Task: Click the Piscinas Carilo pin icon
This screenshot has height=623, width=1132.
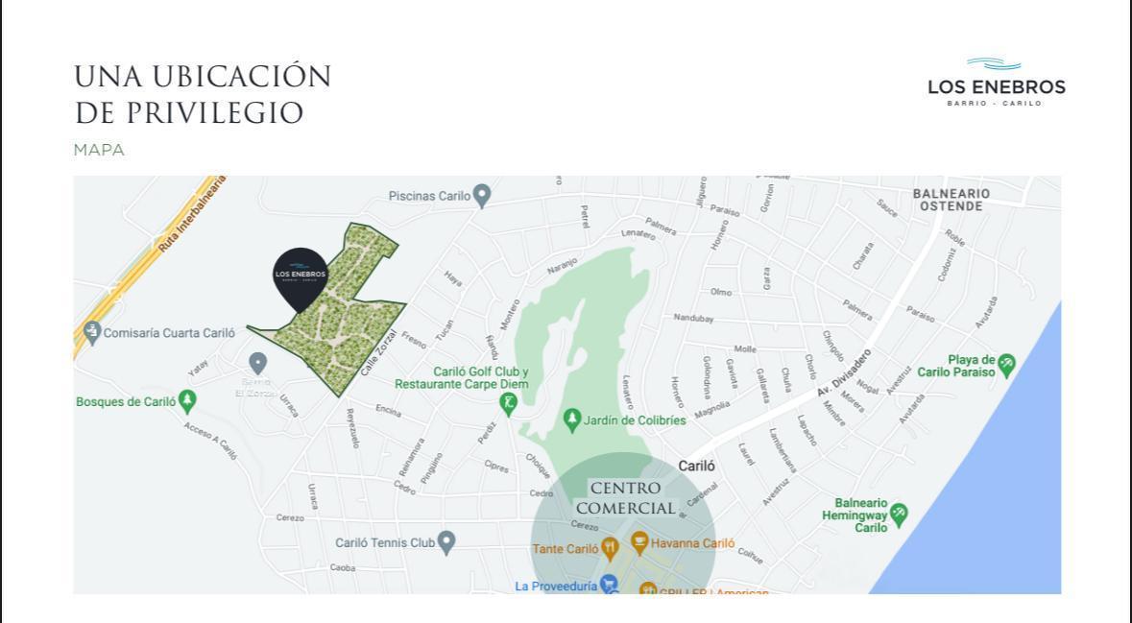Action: click(x=482, y=196)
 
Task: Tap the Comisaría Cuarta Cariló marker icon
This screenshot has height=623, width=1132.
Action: click(x=92, y=333)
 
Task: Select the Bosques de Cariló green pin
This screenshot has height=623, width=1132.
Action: click(x=187, y=400)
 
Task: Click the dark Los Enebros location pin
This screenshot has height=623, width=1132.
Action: click(x=301, y=276)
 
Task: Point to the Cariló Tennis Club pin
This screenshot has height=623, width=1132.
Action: click(x=446, y=542)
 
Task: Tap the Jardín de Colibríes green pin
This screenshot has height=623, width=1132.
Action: click(x=572, y=419)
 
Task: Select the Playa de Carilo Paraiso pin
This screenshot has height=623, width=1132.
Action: click(x=1006, y=365)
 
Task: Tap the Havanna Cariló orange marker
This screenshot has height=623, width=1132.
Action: click(x=639, y=544)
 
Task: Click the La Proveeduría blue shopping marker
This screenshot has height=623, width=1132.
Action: click(x=608, y=585)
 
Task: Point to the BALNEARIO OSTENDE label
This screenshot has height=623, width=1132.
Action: click(x=951, y=200)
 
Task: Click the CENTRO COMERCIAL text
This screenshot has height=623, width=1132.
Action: click(x=625, y=498)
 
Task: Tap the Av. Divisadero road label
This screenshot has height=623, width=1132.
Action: click(x=845, y=372)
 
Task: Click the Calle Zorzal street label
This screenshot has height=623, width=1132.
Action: click(x=378, y=353)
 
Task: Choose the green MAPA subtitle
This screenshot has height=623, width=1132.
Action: click(x=99, y=150)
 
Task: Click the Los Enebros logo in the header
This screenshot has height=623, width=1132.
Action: click(x=996, y=83)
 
